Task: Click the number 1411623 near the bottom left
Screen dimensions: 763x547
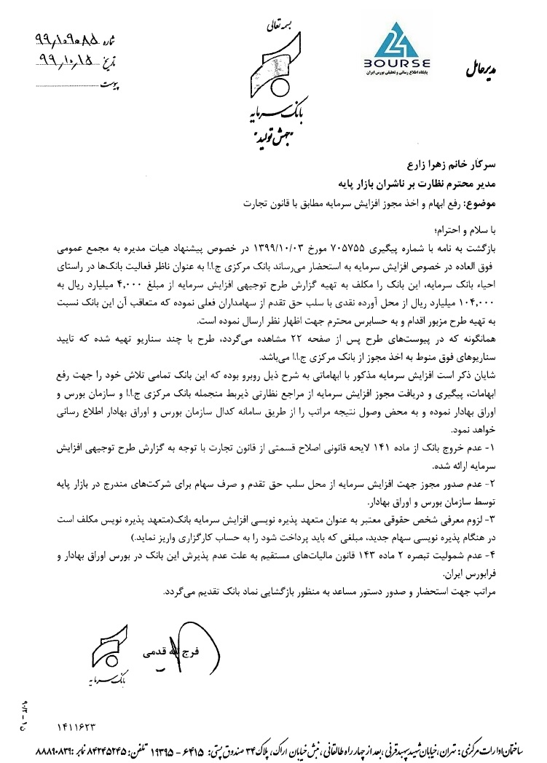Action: click(x=75, y=727)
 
